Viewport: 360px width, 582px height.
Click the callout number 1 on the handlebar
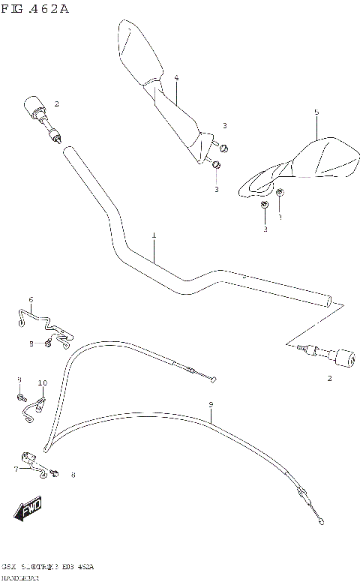click(x=154, y=235)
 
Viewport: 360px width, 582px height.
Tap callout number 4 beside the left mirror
click(x=176, y=78)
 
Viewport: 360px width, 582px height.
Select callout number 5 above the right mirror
click(x=316, y=112)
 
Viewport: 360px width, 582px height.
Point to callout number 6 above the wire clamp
click(x=31, y=299)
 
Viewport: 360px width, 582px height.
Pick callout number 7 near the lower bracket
click(x=16, y=469)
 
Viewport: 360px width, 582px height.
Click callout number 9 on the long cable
click(x=211, y=405)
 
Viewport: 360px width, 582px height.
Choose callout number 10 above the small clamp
click(x=43, y=382)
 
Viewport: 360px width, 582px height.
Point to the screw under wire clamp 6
click(x=48, y=343)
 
